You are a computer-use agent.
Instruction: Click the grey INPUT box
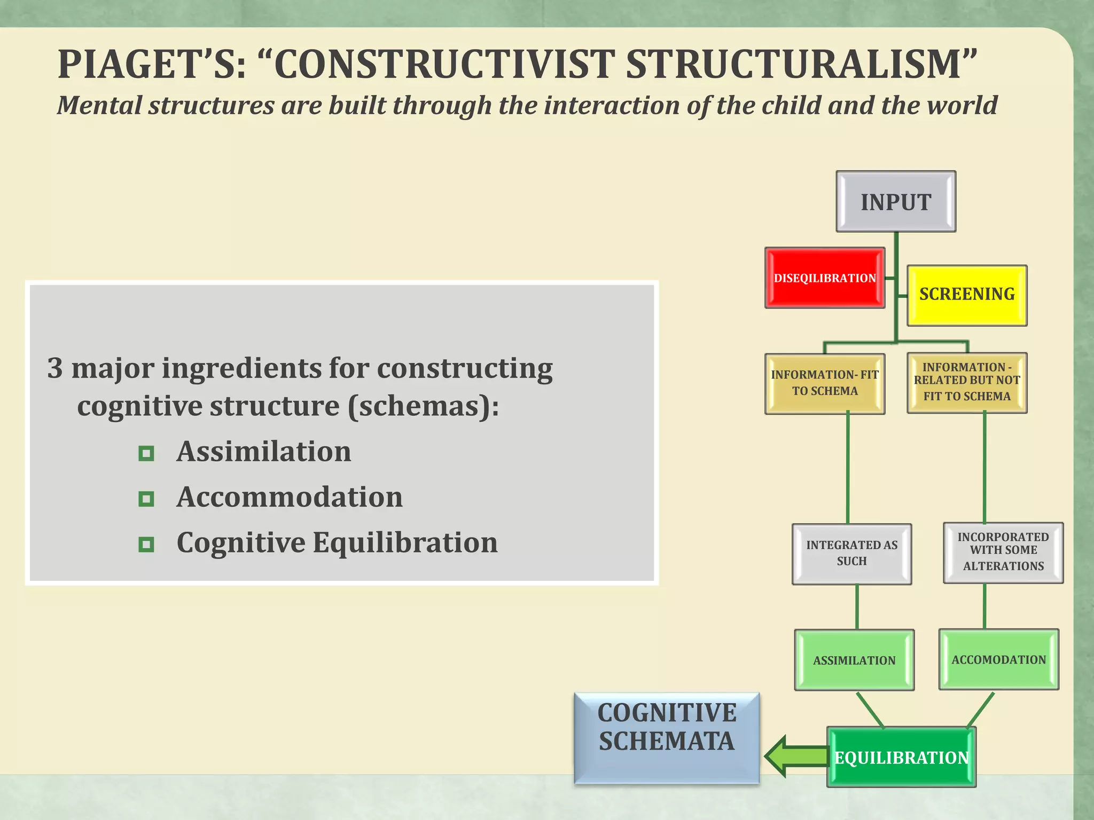896,202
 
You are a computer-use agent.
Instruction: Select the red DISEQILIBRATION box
824,278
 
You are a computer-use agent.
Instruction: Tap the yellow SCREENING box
967,295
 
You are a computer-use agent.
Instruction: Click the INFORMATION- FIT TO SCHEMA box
824,383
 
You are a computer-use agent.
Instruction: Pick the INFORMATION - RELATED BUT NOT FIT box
967,382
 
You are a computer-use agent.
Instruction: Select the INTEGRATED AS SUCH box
851,554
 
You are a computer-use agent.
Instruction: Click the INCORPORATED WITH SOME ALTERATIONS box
1003,552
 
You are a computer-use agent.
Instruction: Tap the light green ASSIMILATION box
854,660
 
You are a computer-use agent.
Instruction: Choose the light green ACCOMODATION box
998,659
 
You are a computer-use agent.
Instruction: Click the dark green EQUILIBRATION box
901,757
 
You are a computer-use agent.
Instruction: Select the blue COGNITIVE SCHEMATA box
667,738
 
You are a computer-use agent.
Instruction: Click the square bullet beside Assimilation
146,454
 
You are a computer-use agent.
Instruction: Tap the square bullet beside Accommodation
146,499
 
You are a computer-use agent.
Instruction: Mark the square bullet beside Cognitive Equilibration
146,545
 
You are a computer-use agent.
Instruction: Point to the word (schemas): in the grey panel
423,406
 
